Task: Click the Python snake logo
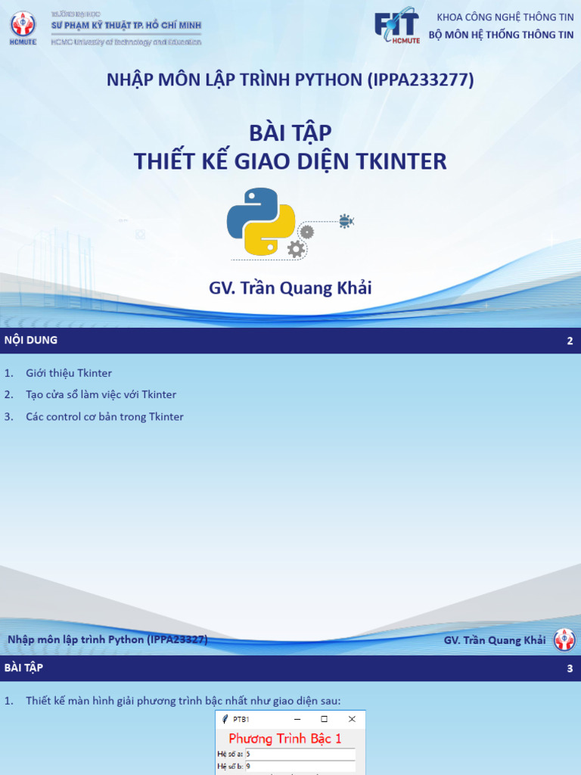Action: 261,221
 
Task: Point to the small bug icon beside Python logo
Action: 346,221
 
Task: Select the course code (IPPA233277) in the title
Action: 421,79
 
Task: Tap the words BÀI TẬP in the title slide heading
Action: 290,133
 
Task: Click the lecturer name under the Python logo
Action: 290,288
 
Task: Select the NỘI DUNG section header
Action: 31,341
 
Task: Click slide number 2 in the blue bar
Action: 570,341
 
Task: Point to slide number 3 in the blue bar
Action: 570,669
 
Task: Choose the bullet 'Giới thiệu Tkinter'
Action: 69,373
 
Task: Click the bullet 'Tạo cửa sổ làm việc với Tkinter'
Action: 101,394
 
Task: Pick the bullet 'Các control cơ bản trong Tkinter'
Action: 104,416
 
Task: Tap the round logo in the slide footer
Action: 564,640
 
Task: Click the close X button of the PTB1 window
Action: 352,719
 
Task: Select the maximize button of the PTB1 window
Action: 325,719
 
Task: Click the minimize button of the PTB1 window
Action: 297,719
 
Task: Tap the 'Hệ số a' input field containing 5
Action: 300,755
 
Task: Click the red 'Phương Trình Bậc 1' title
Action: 285,739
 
